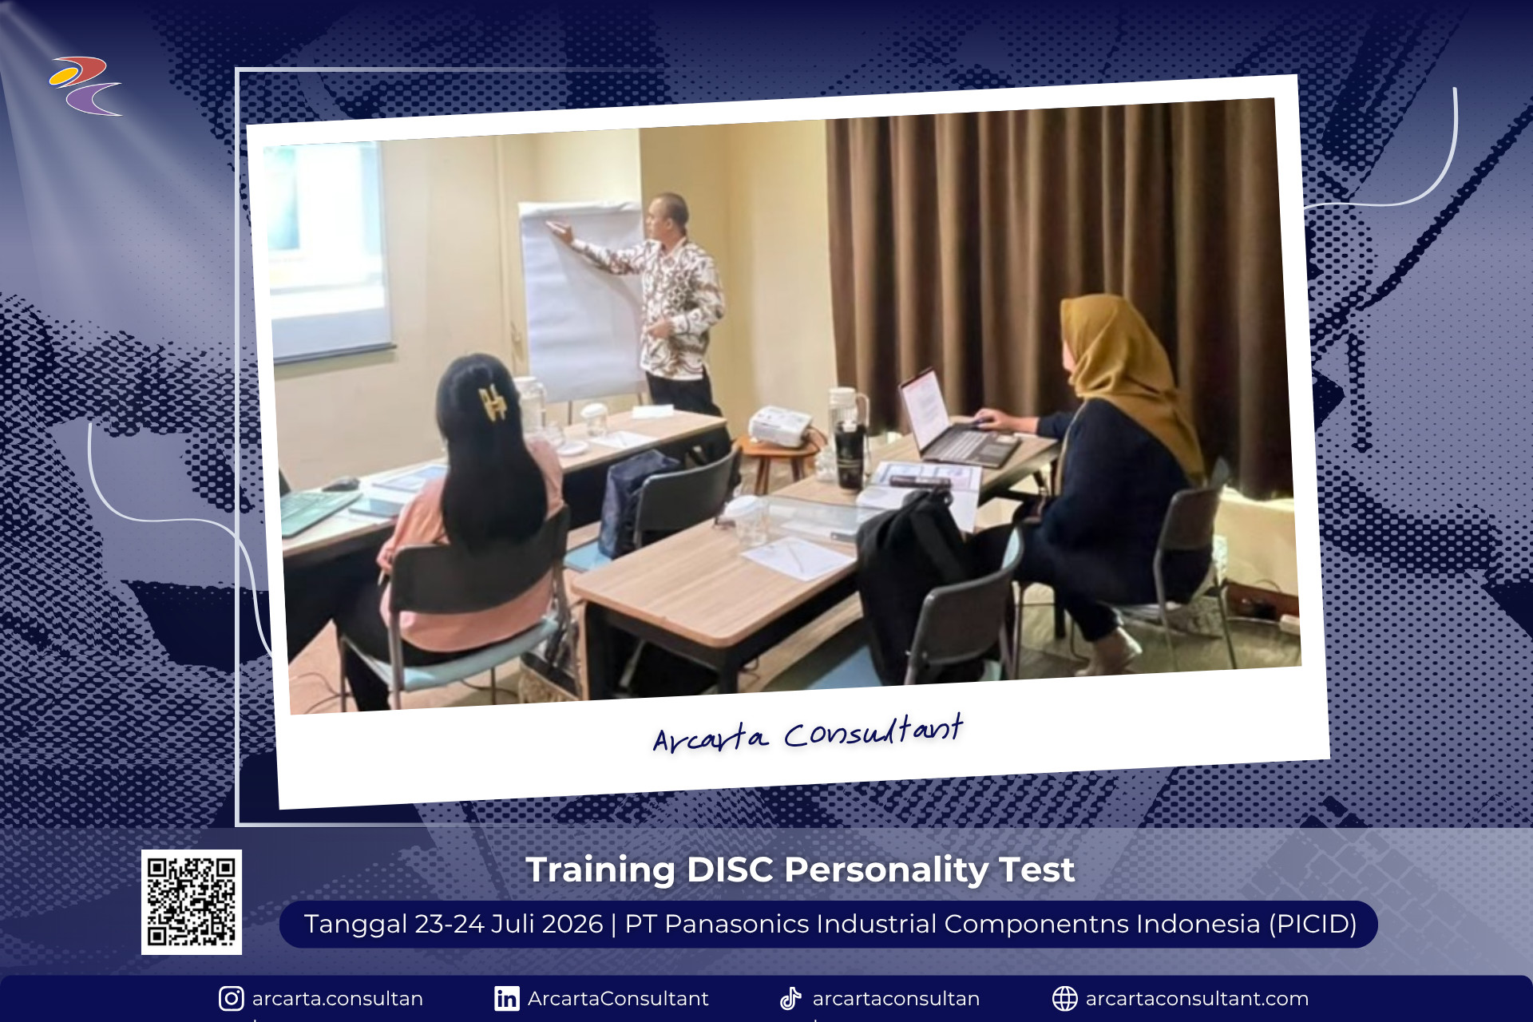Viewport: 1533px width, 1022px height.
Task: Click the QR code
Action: click(192, 901)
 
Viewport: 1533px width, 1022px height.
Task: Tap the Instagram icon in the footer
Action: click(231, 998)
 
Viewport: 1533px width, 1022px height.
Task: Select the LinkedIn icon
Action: click(506, 998)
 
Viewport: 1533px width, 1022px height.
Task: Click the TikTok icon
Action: click(790, 998)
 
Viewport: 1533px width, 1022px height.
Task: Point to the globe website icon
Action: click(1064, 998)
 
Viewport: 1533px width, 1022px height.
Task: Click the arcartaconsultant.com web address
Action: click(1197, 998)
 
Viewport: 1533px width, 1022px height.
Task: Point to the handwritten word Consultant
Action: click(873, 731)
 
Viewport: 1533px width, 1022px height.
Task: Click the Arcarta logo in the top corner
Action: click(85, 85)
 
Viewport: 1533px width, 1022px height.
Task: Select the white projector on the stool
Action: click(778, 426)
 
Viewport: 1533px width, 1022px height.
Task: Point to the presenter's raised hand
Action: click(559, 231)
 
